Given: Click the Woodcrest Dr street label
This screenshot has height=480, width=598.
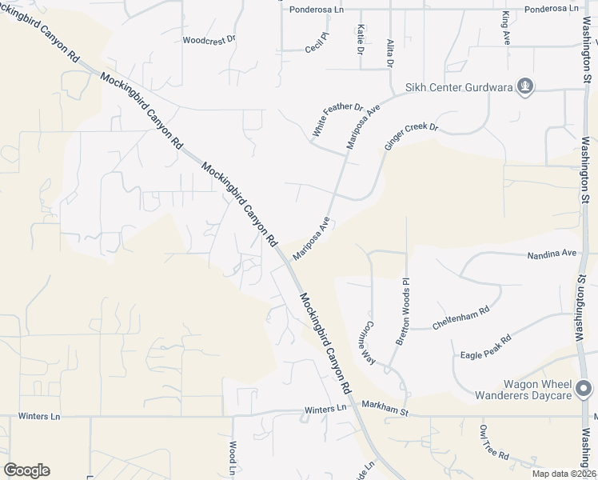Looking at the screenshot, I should click(x=209, y=39).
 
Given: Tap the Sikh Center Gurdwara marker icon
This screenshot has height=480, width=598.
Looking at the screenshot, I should click(x=524, y=86).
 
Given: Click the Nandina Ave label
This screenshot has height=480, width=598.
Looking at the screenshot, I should click(x=552, y=254).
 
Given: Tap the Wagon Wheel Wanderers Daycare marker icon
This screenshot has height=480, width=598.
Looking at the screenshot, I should click(x=585, y=388).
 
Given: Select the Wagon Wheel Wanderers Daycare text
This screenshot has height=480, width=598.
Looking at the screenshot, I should click(x=524, y=390).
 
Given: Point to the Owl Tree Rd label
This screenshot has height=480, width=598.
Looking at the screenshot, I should click(x=494, y=442).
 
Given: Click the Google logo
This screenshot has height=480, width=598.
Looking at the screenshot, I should click(x=26, y=470).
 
